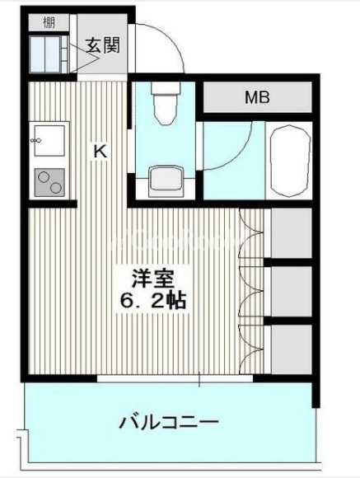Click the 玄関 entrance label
[x=103, y=45]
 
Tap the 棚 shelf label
[x=49, y=23]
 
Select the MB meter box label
[x=258, y=97]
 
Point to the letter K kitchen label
[x=100, y=151]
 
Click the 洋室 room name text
[x=152, y=279]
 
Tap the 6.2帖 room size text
[x=153, y=301]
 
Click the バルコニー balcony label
[x=169, y=423]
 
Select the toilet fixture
[x=166, y=103]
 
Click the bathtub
[x=289, y=161]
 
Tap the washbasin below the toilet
[x=166, y=180]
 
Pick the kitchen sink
[x=49, y=141]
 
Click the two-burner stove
[x=49, y=182]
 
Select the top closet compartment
[x=292, y=233]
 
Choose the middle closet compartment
[x=292, y=292]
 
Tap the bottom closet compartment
[x=292, y=349]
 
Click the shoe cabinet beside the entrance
[x=48, y=54]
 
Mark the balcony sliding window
[x=175, y=378]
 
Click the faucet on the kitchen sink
[x=35, y=141]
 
